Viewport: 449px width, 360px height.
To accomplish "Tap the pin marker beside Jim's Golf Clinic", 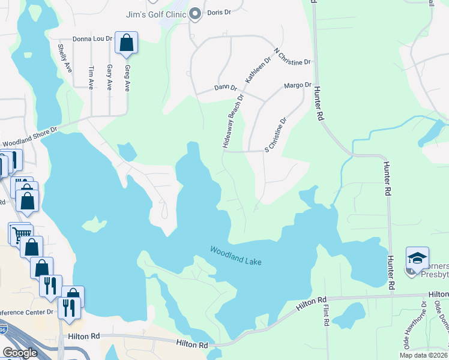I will tap(195, 14).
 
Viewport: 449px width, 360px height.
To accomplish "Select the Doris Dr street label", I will tap(219, 12).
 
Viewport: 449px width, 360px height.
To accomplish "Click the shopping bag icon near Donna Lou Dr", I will tap(126, 43).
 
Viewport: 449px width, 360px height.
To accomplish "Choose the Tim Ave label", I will tap(91, 77).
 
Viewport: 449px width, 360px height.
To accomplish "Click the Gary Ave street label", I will tap(109, 77).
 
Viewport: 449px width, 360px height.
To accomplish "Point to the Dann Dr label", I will tap(225, 88).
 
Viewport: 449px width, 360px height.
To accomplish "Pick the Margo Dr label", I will tap(298, 86).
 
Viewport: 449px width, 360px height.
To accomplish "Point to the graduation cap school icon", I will tap(417, 258).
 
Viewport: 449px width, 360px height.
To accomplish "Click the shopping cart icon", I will tap(20, 233).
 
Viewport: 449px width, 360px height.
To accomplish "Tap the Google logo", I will tap(20, 353).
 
